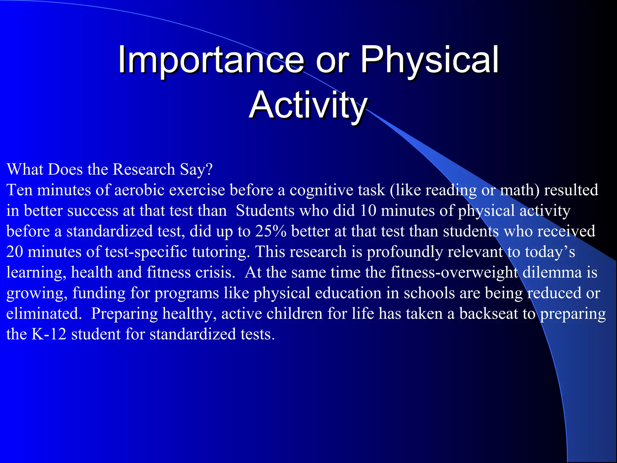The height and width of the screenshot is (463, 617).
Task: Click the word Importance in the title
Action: click(x=211, y=60)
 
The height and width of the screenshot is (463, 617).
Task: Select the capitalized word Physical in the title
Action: click(x=429, y=60)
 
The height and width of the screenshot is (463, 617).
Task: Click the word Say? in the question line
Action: click(x=196, y=169)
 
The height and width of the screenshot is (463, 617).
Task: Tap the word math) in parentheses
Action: click(x=520, y=190)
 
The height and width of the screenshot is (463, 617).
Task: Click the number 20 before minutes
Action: click(x=14, y=252)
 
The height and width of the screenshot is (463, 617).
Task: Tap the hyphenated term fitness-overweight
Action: click(x=454, y=272)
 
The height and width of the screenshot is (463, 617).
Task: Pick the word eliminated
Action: click(x=44, y=314)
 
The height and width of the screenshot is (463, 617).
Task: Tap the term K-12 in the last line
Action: click(x=49, y=334)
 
